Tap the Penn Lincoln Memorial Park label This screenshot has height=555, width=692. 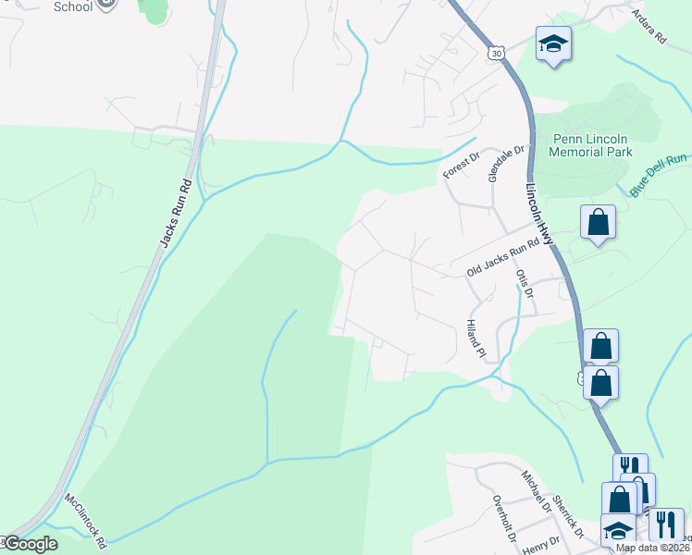pyautogui.click(x=592, y=144)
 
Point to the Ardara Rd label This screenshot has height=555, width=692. pyautogui.click(x=649, y=27)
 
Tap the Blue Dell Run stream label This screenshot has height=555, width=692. pyautogui.click(x=660, y=175)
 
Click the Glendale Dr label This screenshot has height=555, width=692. pyautogui.click(x=507, y=162)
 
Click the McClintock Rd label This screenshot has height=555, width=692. pyautogui.click(x=85, y=519)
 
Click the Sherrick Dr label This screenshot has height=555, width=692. pyautogui.click(x=565, y=517)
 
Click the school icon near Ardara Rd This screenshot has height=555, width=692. pyautogui.click(x=553, y=43)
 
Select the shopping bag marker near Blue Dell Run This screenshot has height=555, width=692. pyautogui.click(x=598, y=222)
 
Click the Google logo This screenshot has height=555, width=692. pyautogui.click(x=30, y=544)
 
